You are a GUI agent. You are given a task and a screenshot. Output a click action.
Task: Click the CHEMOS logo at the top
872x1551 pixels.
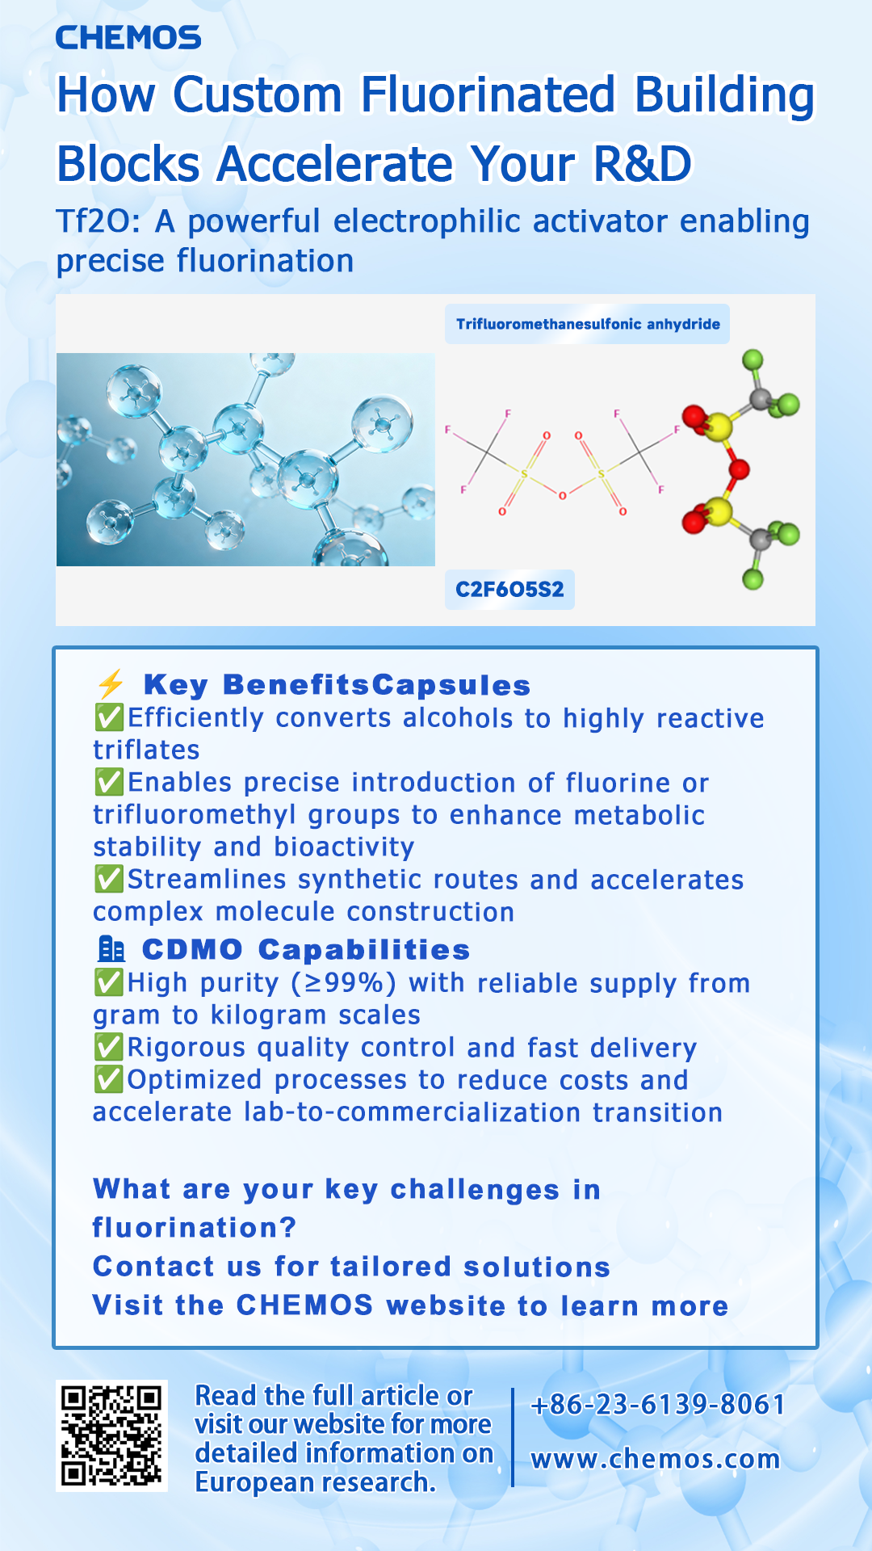[128, 37]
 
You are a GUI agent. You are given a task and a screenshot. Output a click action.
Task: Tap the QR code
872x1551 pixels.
[111, 1435]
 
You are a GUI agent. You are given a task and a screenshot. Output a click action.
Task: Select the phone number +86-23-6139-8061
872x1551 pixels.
[657, 1405]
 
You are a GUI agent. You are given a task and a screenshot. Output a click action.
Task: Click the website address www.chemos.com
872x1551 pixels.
[655, 1459]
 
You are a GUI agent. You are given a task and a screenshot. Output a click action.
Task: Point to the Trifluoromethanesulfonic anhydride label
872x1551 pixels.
[588, 324]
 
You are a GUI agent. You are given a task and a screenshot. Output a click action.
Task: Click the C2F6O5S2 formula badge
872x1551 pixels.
[509, 589]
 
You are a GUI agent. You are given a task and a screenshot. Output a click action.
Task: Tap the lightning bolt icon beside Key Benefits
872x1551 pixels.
[111, 684]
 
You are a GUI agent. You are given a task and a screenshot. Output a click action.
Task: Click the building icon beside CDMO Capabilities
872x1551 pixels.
[111, 949]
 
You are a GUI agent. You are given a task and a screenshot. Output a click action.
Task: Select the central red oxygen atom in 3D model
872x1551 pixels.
[738, 469]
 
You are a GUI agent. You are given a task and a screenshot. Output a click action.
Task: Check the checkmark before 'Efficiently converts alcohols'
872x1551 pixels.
[109, 717]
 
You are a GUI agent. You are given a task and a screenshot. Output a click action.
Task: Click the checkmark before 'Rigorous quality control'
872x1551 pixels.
[109, 1047]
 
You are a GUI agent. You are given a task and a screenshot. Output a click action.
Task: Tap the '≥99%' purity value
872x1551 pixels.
[345, 983]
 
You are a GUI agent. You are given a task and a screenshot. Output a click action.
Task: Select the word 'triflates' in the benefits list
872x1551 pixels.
[146, 750]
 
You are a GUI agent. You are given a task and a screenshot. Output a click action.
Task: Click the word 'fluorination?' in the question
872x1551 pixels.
[195, 1228]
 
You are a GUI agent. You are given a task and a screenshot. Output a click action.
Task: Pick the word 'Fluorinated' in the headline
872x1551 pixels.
[488, 95]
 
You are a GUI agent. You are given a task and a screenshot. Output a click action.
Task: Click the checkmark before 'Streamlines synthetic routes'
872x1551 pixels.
[109, 879]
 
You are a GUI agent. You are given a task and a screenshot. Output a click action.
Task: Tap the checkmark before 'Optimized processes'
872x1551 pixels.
[109, 1079]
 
